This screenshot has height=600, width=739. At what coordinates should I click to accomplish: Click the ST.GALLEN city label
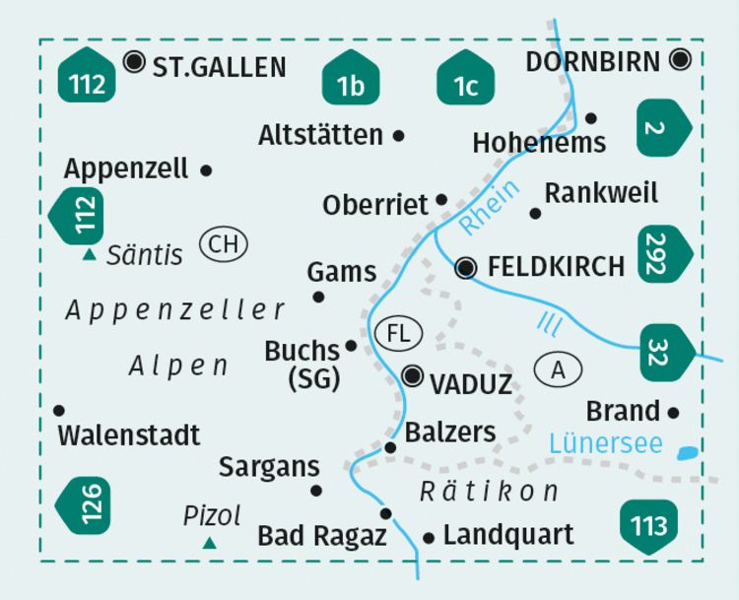219,67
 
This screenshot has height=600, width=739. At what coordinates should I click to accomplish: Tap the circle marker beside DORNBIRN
680,60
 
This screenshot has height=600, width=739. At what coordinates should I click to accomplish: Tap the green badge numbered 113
649,524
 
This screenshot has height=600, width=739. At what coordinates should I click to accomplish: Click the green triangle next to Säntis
90,255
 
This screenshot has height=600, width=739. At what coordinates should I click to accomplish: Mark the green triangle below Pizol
209,543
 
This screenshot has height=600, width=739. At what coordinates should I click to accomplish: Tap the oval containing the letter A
559,369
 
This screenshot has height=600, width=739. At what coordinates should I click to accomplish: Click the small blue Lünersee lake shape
689,453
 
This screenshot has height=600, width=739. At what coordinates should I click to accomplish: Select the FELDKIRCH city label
556,267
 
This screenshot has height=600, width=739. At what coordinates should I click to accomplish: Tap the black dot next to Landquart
429,538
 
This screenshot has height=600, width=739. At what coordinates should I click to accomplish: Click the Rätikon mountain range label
489,491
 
